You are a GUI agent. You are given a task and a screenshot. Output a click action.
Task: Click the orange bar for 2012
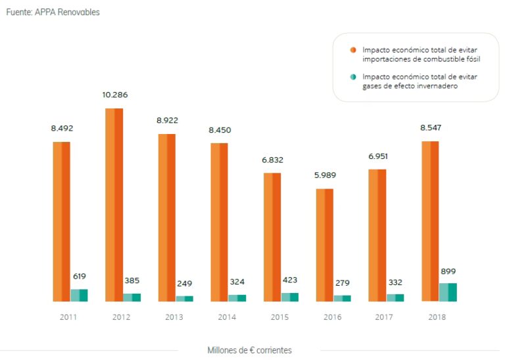[x=114, y=204]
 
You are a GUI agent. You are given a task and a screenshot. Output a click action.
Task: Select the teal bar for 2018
[x=448, y=292]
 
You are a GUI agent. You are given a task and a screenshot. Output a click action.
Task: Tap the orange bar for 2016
[x=325, y=245]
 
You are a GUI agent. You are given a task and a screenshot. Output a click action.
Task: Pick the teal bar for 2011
[x=79, y=295]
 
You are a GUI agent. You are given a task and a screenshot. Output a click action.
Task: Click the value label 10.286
[x=114, y=95]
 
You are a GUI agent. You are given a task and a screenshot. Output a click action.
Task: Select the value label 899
[x=448, y=271]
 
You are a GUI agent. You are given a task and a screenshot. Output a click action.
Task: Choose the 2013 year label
[x=174, y=317]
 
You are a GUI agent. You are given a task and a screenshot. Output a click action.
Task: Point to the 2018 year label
[x=437, y=317]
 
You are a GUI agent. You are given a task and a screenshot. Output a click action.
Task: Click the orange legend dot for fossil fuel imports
[x=353, y=50]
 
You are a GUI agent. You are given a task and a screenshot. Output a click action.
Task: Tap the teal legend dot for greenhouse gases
[x=353, y=77]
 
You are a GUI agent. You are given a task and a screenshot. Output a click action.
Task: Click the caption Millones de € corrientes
[x=249, y=350]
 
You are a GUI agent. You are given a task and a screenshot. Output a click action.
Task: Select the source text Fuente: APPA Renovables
[x=53, y=12]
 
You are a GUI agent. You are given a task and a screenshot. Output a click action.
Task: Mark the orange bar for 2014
[x=220, y=222]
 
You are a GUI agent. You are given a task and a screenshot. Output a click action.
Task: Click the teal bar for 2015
[x=289, y=297]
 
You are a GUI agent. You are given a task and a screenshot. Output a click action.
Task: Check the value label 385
[x=132, y=281]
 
